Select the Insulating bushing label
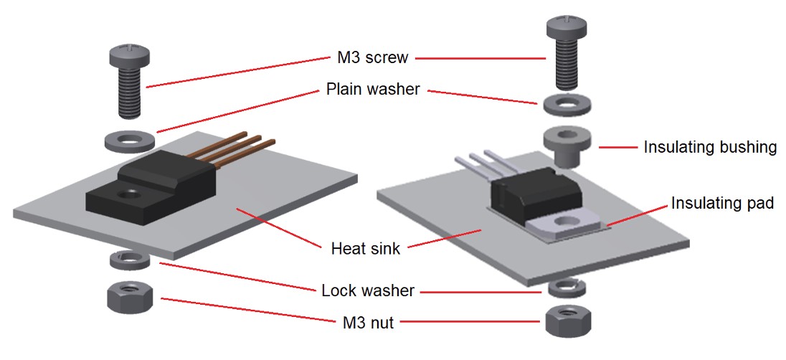710,147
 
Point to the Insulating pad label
722,203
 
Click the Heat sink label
366,249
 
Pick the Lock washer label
368,290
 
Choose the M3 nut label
367,323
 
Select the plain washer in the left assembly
128,141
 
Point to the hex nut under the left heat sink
128,296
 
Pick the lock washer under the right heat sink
567,288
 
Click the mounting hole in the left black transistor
131,193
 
